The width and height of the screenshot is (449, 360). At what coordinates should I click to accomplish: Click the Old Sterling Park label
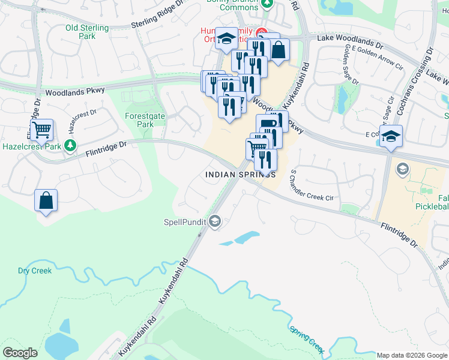(87, 32)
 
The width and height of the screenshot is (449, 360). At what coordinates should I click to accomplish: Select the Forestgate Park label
(139, 120)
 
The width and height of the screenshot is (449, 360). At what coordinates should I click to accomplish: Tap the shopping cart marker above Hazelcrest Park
(41, 130)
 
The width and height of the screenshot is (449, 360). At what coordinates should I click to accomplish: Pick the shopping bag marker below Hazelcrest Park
(46, 201)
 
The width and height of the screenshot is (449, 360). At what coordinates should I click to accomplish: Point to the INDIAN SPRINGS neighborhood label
(241, 175)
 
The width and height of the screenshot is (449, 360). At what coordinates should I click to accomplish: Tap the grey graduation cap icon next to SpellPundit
(214, 223)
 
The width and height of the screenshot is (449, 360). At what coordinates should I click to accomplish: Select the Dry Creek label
(35, 271)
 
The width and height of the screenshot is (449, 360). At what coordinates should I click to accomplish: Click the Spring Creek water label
(307, 339)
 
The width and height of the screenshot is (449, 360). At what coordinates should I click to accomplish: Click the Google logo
(20, 353)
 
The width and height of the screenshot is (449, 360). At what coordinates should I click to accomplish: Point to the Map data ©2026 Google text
(412, 355)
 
